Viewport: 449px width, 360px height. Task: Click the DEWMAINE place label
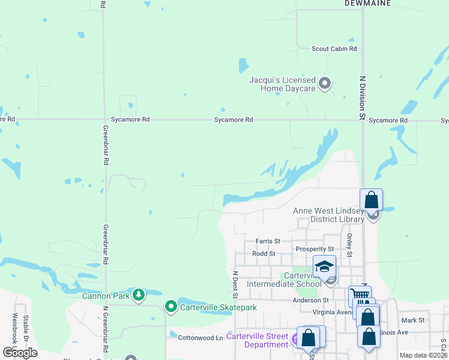point(368,4)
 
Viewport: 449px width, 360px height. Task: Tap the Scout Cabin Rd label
point(334,49)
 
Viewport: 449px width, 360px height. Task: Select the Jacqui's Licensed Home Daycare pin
point(325,83)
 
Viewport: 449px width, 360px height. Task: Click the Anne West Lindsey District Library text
point(328,215)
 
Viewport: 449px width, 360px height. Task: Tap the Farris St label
point(268,241)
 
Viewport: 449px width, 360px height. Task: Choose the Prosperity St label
point(315,249)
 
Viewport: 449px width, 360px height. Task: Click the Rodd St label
point(264,254)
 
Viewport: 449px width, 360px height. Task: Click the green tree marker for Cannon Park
point(139,295)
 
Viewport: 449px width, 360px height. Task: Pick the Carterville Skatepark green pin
point(171,307)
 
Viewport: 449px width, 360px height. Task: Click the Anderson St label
point(310,300)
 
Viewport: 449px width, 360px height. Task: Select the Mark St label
point(413,320)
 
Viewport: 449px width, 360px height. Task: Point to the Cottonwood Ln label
point(196,338)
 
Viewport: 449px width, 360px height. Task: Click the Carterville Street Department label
point(257,340)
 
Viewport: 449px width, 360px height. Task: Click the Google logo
point(20,353)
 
